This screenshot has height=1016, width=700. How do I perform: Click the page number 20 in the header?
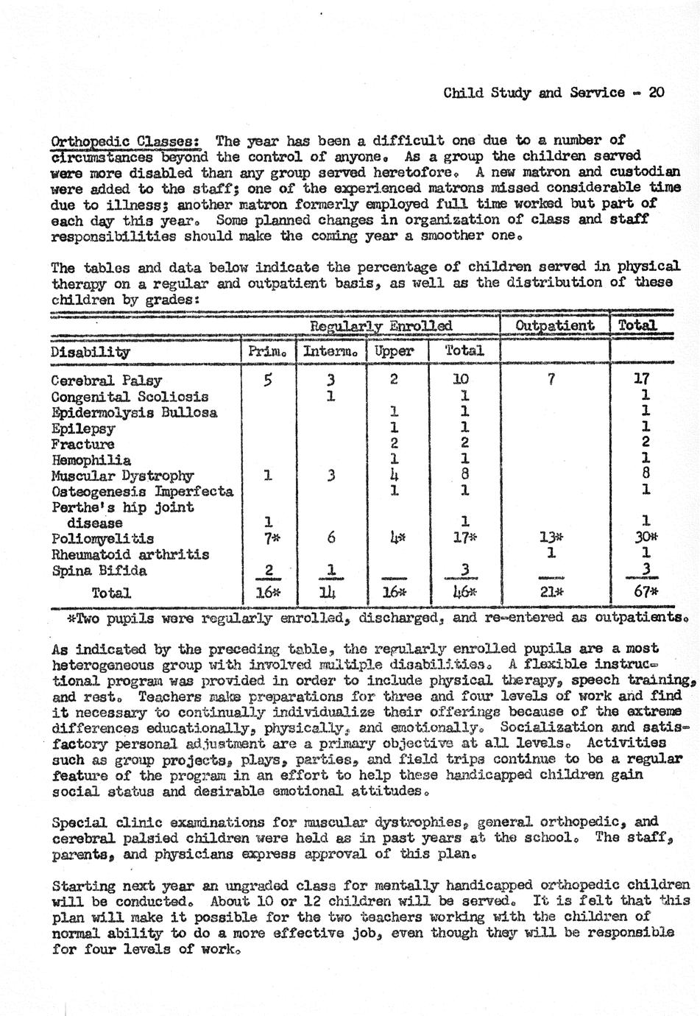(x=657, y=93)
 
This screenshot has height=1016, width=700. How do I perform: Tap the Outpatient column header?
(x=554, y=325)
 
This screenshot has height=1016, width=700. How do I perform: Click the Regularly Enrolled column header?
(x=381, y=325)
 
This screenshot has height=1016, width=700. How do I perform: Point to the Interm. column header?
(x=330, y=351)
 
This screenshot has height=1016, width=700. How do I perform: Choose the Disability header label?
(x=90, y=352)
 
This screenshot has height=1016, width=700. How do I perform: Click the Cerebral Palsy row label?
(x=106, y=381)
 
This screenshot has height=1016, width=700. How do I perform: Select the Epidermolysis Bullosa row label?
(x=134, y=412)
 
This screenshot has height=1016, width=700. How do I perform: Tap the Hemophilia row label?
(x=91, y=460)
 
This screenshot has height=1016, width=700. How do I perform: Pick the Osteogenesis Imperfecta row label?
(x=141, y=492)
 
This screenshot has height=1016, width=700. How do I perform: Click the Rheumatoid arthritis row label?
(x=130, y=554)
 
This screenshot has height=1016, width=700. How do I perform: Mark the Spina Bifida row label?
(x=99, y=571)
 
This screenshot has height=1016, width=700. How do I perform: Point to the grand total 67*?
(x=646, y=592)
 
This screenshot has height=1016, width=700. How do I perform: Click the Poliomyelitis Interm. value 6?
(x=331, y=538)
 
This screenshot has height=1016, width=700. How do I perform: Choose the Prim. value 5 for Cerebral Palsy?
(x=268, y=380)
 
